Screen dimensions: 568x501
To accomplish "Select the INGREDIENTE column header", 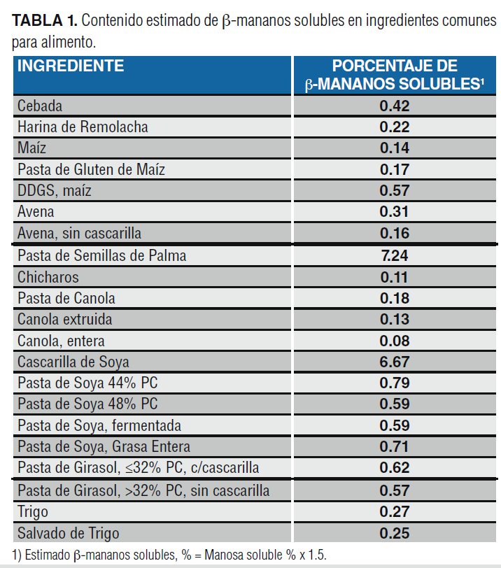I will click(71, 66).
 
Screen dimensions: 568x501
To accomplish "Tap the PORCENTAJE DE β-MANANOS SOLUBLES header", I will click(395, 76).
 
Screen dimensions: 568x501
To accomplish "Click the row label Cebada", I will click(40, 106).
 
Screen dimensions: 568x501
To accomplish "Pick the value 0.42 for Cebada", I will click(395, 106).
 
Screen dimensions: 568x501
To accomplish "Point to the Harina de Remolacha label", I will click(83, 127).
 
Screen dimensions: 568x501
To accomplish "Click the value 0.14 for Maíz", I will click(395, 148).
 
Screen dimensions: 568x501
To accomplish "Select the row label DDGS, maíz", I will click(55, 191).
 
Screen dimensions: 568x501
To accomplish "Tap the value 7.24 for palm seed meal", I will click(395, 255).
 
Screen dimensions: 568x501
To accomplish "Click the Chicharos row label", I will click(48, 277).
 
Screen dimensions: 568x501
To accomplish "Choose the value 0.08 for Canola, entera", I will click(395, 341).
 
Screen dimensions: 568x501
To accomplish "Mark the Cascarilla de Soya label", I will click(73, 362).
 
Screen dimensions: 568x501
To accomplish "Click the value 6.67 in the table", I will click(395, 362).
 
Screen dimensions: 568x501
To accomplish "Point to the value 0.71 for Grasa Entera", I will click(395, 447).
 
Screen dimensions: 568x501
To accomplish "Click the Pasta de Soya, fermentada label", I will click(99, 426).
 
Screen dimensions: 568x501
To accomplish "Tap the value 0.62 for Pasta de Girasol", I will click(395, 468).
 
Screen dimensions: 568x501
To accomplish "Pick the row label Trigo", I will click(34, 511).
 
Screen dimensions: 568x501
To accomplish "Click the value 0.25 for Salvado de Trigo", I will click(395, 533).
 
